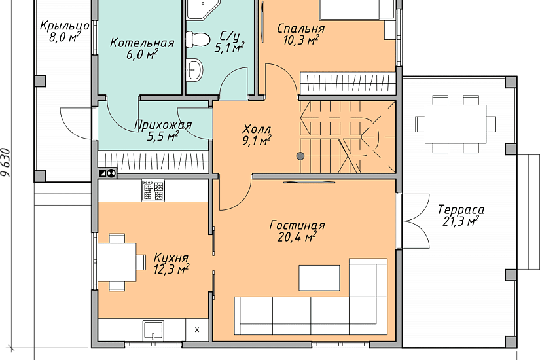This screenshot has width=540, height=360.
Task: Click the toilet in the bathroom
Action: tap(198, 39)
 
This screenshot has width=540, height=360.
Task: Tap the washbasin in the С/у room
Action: tap(194, 70)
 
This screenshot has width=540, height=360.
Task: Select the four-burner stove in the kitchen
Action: tap(153, 190)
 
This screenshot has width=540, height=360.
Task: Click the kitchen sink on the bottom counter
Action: tap(153, 331)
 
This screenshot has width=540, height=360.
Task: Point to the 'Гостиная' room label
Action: tap(297, 226)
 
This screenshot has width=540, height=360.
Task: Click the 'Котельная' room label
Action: tap(142, 43)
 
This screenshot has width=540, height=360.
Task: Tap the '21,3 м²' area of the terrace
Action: tap(460, 221)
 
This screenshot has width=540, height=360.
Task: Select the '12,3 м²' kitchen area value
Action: tap(171, 269)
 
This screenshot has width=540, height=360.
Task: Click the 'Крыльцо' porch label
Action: tap(65, 26)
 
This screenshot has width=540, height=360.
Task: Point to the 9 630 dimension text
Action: tap(6, 162)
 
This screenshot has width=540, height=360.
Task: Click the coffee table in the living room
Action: tap(319, 278)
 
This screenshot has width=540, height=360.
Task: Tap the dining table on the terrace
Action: tap(456, 124)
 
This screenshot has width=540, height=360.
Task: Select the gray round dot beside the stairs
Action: tap(300, 156)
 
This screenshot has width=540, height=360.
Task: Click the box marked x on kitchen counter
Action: tap(197, 330)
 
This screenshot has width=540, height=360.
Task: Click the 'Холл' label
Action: tap(257, 129)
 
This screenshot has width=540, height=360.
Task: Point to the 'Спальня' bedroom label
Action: tap(301, 29)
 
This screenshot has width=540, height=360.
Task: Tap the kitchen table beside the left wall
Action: tap(117, 262)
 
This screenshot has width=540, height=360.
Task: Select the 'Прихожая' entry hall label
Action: tap(163, 125)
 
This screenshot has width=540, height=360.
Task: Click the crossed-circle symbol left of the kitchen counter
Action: tap(112, 173)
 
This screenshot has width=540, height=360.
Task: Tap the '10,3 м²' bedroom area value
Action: tap(300, 40)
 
